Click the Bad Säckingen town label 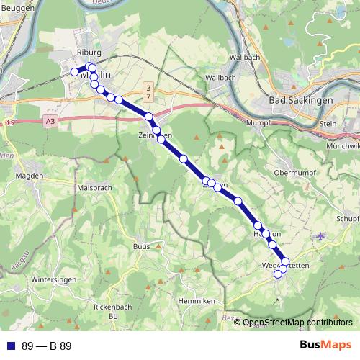point(300,100)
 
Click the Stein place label point(328,123)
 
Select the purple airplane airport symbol point(320,235)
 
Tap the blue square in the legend point(11,346)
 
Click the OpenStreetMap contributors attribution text point(297,323)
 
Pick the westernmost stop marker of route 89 point(73,71)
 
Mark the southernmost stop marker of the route point(278,274)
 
